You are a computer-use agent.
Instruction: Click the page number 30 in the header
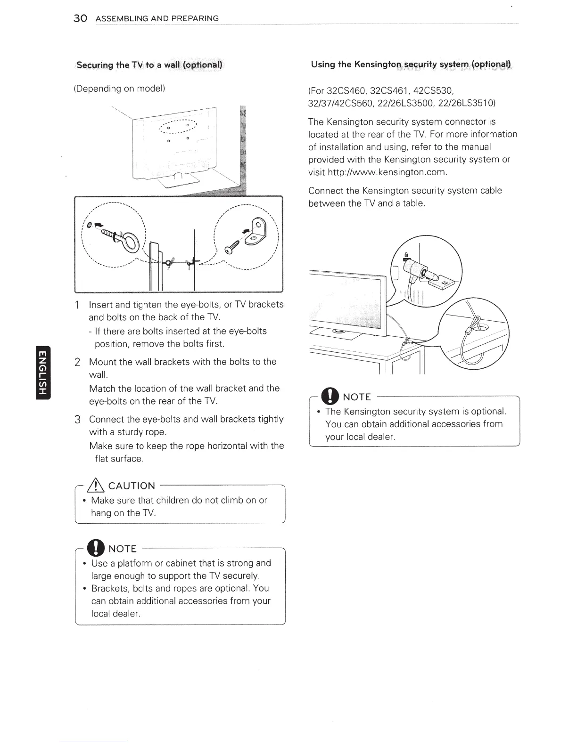click(x=80, y=18)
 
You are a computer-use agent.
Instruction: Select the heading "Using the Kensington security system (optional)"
click(x=411, y=64)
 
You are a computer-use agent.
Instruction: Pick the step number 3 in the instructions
click(x=78, y=420)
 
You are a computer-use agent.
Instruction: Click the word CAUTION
click(x=132, y=486)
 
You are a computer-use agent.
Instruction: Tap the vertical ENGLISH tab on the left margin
click(x=43, y=372)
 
